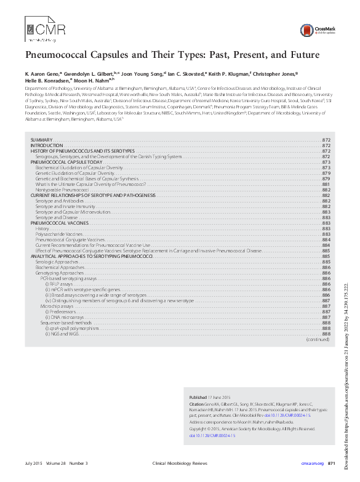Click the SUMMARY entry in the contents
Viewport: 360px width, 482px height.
pyautogui.click(x=41, y=141)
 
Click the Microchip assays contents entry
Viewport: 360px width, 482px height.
pyautogui.click(x=57, y=306)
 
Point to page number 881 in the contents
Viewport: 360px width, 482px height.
pyautogui.click(x=327, y=185)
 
